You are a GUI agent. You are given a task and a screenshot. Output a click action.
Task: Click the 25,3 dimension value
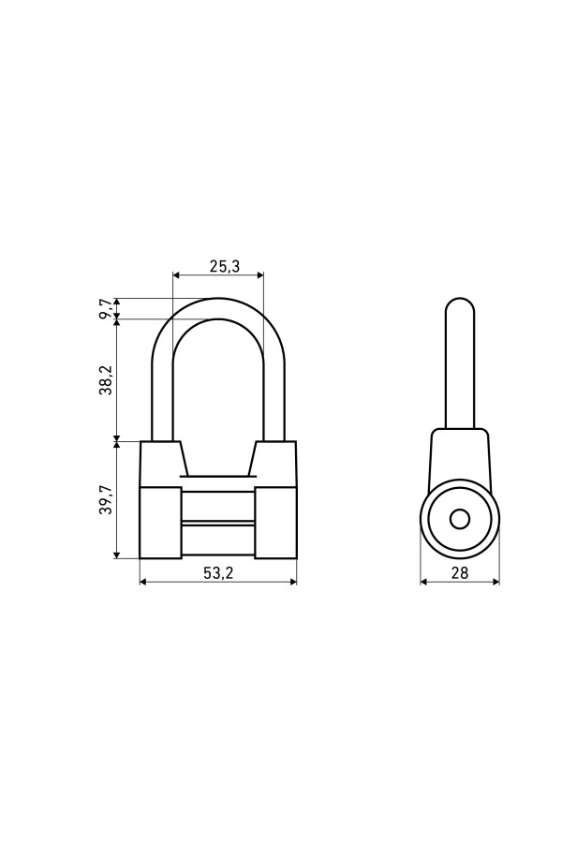click(224, 266)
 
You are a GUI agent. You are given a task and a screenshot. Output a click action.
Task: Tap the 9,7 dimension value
click(106, 309)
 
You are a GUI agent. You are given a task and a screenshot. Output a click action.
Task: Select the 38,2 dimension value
click(106, 380)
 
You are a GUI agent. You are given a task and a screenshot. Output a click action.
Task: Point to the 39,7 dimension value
click(106, 499)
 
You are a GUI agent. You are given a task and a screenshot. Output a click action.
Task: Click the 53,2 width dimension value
click(218, 573)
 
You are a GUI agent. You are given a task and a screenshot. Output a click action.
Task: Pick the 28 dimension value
click(459, 573)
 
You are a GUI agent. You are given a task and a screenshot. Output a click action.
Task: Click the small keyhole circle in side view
click(460, 519)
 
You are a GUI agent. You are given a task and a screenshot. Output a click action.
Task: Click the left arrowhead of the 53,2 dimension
click(143, 581)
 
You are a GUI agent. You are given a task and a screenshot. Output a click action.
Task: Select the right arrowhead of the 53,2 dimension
click(293, 581)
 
